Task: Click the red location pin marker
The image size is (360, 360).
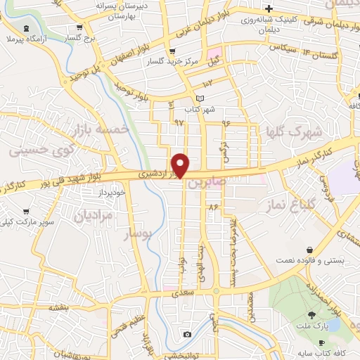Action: tap(181, 165)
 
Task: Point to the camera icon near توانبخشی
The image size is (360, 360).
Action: tap(187, 334)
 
